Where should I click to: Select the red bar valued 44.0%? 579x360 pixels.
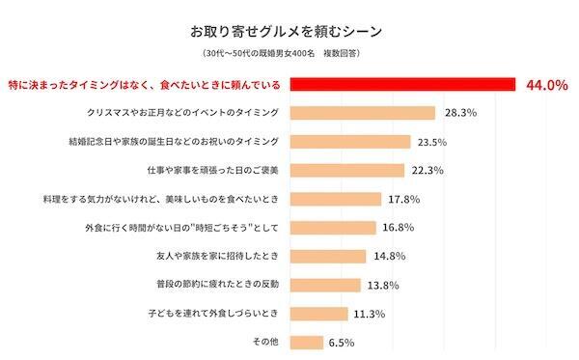(402, 84)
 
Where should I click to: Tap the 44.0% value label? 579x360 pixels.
(545, 85)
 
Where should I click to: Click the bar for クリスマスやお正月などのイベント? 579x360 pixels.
(363, 113)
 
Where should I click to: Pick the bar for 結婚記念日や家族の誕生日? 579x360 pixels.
(351, 142)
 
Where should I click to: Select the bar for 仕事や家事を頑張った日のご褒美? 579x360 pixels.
(347, 171)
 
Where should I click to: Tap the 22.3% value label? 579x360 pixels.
(427, 171)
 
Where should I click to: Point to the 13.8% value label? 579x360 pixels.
(385, 286)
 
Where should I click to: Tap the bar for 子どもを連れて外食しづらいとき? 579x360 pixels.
(319, 314)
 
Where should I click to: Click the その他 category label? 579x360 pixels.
(265, 343)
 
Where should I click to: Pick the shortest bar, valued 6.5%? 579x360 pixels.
(307, 343)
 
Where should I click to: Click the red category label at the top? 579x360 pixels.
(142, 84)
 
